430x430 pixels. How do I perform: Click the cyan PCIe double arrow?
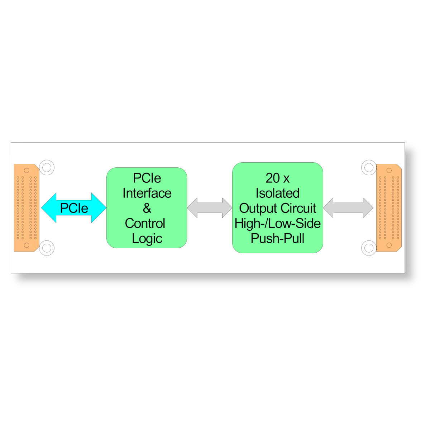pyautogui.click(x=74, y=207)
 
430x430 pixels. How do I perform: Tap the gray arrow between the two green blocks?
pyautogui.click(x=210, y=207)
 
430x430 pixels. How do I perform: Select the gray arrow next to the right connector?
pyautogui.click(x=348, y=207)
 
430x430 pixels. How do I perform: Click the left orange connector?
pyautogui.click(x=27, y=207)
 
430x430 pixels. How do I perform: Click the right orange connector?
pyautogui.click(x=389, y=207)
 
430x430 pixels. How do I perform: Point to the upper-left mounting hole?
pyautogui.click(x=47, y=167)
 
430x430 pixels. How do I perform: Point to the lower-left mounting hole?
pyautogui.click(x=47, y=248)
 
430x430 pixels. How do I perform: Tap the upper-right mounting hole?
pyautogui.click(x=369, y=167)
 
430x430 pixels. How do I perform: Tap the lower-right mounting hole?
pyautogui.click(x=369, y=248)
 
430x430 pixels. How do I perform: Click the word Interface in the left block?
pyautogui.click(x=147, y=193)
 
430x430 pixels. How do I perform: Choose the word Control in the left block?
pyautogui.click(x=145, y=223)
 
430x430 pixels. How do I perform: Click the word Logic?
pyautogui.click(x=147, y=239)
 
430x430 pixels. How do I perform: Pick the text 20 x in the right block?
pyautogui.click(x=277, y=178)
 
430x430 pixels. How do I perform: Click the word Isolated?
pyautogui.click(x=277, y=193)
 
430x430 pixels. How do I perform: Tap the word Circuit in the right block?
pyautogui.click(x=298, y=208)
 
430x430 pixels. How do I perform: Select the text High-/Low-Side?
pyautogui.click(x=277, y=223)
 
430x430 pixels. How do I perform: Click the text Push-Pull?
pyautogui.click(x=277, y=238)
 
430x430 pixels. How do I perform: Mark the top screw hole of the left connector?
pyautogui.click(x=27, y=170)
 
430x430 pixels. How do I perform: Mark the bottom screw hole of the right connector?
pyautogui.click(x=389, y=245)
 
